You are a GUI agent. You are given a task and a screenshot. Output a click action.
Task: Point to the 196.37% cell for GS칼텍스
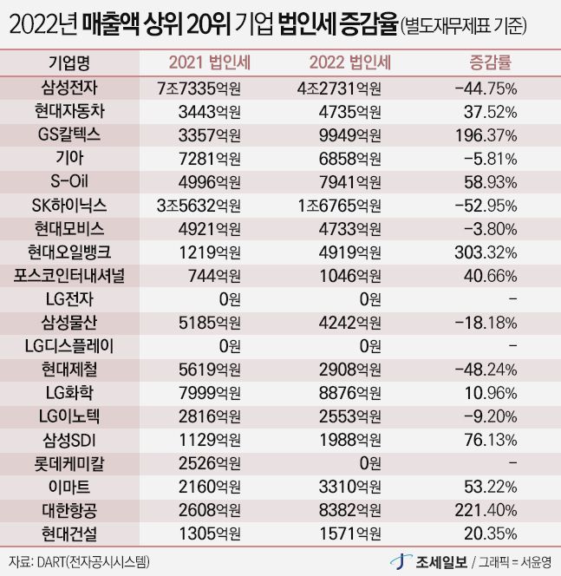[485, 134]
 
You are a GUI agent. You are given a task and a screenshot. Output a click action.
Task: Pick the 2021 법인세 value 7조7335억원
[199, 88]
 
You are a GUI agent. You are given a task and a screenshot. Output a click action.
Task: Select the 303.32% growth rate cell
[485, 252]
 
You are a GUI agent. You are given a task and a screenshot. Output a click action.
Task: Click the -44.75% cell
[485, 88]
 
